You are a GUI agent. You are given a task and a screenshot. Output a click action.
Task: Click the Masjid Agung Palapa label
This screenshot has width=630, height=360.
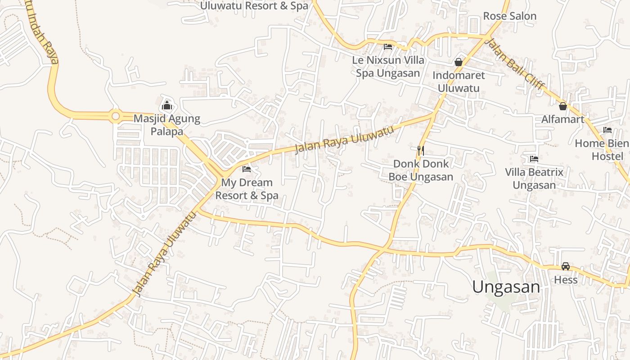click(x=166, y=125)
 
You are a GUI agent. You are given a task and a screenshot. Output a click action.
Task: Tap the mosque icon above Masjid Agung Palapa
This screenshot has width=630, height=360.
click(x=167, y=106)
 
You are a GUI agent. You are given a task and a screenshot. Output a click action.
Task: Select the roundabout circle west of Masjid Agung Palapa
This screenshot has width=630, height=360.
click(x=116, y=117)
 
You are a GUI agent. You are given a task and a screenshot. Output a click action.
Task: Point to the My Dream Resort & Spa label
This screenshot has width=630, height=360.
click(x=247, y=189)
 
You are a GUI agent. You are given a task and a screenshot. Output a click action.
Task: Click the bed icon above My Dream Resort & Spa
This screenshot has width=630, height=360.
click(x=247, y=169)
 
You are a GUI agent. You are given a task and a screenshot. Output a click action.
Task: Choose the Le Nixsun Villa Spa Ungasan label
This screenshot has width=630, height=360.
click(x=388, y=67)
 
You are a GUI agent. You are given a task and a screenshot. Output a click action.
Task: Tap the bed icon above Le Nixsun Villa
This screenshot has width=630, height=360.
click(x=387, y=46)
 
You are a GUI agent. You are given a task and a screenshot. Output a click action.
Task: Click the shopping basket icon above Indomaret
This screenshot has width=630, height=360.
click(x=459, y=62)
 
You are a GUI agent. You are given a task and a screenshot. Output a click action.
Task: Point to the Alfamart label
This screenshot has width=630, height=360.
click(x=562, y=119)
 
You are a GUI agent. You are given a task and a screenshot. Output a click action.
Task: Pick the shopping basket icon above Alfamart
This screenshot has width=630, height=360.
click(x=562, y=106)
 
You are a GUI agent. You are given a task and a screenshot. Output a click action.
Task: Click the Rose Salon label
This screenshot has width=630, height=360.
click(x=509, y=16)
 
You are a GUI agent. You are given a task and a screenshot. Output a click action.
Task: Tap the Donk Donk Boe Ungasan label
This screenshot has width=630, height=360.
click(x=421, y=170)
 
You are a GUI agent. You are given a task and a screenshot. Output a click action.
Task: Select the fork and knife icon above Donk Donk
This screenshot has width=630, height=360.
click(x=421, y=151)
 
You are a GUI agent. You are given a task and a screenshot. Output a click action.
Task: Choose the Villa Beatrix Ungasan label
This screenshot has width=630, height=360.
click(x=534, y=179)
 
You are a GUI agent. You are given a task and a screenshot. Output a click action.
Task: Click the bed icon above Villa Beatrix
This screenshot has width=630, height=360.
click(x=534, y=159)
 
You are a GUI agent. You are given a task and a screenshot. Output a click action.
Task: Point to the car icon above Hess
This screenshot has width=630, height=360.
click(x=566, y=266)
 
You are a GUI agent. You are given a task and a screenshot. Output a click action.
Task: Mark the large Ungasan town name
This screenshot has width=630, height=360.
click(x=506, y=287)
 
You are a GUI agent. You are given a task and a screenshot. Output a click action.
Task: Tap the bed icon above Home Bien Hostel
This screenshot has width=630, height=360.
click(x=607, y=130)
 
